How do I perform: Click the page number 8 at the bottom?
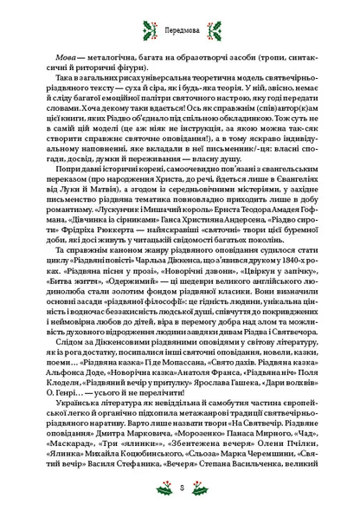coord(181,490)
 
